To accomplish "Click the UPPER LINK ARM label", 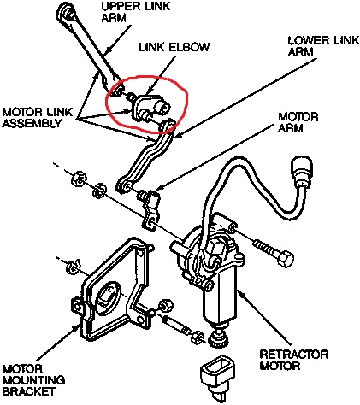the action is coord(136,12).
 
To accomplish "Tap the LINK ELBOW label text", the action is coord(174,47).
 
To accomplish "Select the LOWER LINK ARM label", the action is coord(323,46).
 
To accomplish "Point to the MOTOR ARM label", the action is coord(298,122).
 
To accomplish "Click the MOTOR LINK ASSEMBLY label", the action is coord(37,117).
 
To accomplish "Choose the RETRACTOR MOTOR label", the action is coord(294,360).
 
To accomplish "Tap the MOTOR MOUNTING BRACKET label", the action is coord(33,380).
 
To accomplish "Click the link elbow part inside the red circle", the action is coord(151,108).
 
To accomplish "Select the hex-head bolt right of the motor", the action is coord(273,251).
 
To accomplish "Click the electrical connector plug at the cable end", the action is coord(301,172).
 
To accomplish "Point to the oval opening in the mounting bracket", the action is coord(106,297).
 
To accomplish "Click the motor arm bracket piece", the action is coord(150,208).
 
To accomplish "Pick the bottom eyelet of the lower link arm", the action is coord(124,185).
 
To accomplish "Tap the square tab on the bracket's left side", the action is coord(78,306).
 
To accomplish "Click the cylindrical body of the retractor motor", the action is coord(220,300).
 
